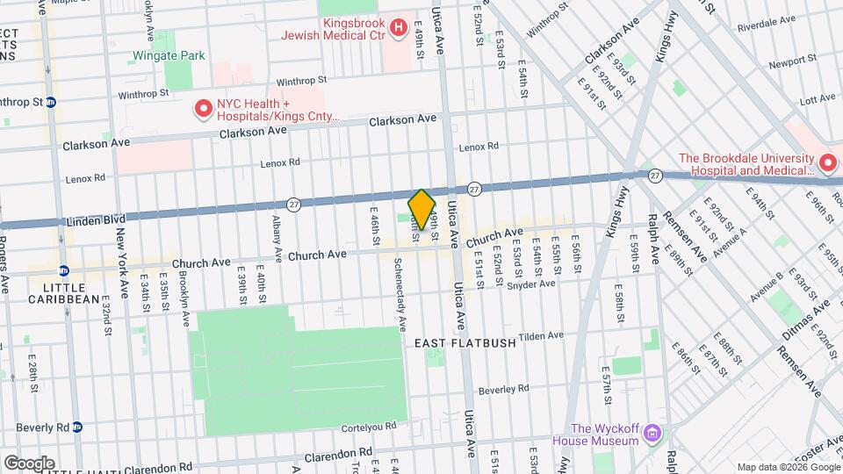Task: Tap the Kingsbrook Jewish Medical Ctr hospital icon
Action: click(x=398, y=28)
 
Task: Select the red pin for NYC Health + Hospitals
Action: click(x=203, y=109)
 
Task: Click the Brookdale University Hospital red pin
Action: click(x=826, y=164)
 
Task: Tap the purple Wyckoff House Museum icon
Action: click(x=652, y=433)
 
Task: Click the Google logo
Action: click(x=29, y=463)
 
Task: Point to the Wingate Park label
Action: click(x=168, y=55)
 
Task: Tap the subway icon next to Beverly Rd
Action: click(x=77, y=427)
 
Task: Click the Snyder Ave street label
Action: click(x=531, y=284)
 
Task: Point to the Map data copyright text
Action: click(x=788, y=466)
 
